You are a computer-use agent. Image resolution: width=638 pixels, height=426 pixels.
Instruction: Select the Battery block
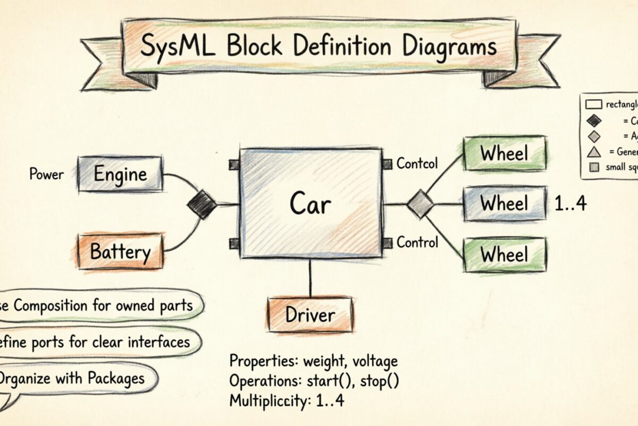coord(120,251)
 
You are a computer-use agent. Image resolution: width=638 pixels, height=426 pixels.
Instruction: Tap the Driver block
coord(310,314)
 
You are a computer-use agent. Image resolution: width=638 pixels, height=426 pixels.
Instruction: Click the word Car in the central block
coord(310,204)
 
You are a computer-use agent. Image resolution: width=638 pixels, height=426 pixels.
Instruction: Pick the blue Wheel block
coord(504,203)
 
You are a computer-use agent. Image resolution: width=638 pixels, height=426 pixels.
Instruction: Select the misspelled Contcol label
coord(417,163)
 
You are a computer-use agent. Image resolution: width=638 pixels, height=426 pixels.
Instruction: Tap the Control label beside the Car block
coord(417,243)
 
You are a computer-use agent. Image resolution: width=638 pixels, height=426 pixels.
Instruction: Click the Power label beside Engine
coord(46,174)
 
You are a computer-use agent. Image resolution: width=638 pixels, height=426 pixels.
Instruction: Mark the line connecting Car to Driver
coord(310,277)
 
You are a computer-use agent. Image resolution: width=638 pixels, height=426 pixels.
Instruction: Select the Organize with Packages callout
coord(72,378)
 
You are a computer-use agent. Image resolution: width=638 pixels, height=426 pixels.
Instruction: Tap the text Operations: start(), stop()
coord(314,381)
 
